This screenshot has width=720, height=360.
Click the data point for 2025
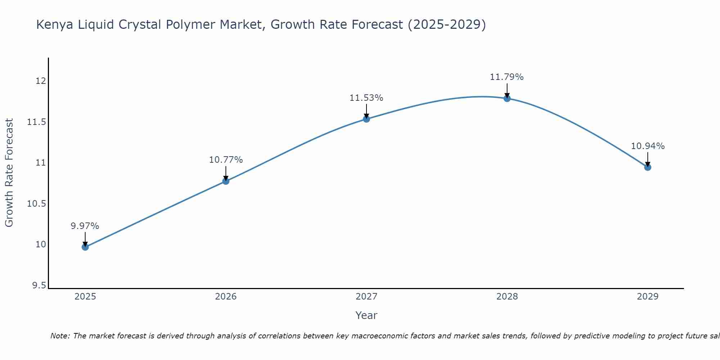[85, 247]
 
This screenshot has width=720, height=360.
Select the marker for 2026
[226, 181]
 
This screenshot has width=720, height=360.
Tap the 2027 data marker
[366, 119]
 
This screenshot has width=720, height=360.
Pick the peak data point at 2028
[507, 98]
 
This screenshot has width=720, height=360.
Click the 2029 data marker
[648, 167]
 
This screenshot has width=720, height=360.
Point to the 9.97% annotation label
[85, 226]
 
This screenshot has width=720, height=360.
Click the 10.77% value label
[226, 160]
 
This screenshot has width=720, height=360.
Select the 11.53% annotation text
[366, 98]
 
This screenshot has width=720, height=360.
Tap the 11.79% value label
[507, 77]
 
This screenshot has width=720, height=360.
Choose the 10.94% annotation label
[648, 146]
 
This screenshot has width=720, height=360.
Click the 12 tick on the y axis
[41, 81]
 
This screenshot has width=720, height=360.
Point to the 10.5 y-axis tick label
[37, 204]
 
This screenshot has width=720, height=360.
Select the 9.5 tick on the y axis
[39, 285]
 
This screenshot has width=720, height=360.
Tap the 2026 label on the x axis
[226, 297]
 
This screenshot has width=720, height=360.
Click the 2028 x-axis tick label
[507, 297]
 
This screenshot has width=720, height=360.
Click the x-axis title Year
[366, 315]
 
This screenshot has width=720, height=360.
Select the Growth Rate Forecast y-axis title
[9, 173]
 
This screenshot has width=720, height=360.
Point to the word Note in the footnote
[60, 336]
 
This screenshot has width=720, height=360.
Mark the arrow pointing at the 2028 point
[507, 90]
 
